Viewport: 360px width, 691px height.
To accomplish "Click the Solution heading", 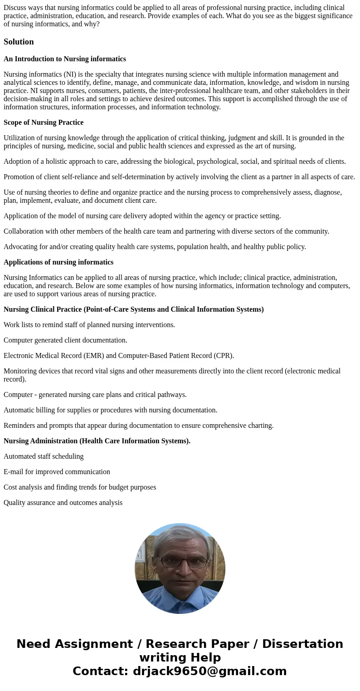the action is tap(19, 42).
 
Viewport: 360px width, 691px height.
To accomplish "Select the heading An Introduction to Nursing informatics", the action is tap(65, 59).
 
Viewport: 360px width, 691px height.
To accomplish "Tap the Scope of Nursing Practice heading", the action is tap(44, 123).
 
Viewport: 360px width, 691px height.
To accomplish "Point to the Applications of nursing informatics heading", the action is tap(58, 262).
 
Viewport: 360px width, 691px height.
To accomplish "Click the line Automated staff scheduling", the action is tap(44, 456).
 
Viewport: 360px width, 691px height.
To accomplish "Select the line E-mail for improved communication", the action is tap(57, 472).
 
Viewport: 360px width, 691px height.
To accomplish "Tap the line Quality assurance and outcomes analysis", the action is tap(63, 503).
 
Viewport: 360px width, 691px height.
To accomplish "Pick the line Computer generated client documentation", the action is tap(65, 340).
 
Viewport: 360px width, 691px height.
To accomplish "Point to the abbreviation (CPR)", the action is tap(222, 356).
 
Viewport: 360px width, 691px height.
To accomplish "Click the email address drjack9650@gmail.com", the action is tap(209, 671).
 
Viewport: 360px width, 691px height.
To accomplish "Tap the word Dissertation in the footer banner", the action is tap(302, 644).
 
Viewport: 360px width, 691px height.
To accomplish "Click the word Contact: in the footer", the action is tap(101, 671).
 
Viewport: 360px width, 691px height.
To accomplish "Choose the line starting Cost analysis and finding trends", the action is tap(80, 487).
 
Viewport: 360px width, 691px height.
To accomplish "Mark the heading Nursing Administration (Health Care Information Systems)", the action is tap(97, 441).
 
